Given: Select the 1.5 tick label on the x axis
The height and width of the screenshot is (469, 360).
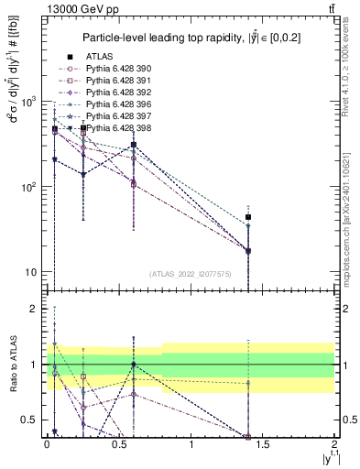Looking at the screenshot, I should (x=263, y=443).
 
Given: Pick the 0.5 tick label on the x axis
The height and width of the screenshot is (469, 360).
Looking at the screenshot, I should (x=118, y=443).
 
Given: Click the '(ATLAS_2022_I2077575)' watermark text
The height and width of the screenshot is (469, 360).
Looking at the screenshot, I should (x=191, y=273).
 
